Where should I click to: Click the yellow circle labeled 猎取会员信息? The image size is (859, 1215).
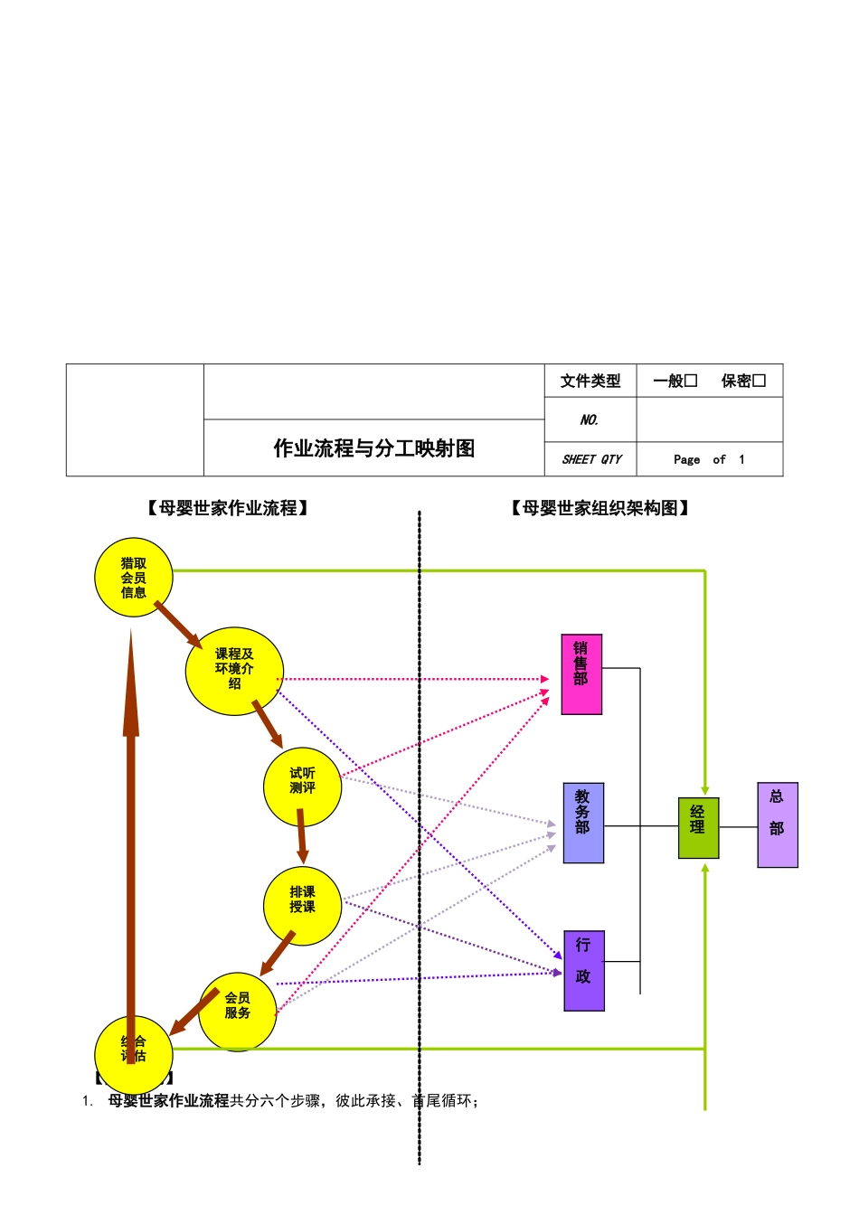point(134,578)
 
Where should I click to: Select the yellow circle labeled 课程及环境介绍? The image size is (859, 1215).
point(234,671)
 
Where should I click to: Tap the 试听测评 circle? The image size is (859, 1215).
point(303,786)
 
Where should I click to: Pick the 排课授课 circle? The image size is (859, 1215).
point(303,905)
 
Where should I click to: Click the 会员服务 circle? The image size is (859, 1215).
point(238,1010)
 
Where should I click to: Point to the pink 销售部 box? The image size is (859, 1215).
point(581,674)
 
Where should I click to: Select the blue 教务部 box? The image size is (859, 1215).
point(583,823)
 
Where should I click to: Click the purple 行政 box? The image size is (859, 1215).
point(584,970)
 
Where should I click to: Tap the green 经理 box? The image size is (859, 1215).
point(698,827)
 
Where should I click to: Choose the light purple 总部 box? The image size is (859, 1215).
point(778,824)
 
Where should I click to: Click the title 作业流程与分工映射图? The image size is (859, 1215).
point(374,448)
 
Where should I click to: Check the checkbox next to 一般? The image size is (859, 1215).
point(691,381)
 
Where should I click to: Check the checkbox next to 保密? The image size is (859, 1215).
point(760,381)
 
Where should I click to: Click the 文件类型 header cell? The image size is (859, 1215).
point(590,381)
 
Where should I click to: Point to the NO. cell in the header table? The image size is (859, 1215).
point(590,419)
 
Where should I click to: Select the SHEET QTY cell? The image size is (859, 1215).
point(591,459)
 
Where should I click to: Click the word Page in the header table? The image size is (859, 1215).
point(686,459)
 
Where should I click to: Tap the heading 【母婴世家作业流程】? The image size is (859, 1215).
point(228,508)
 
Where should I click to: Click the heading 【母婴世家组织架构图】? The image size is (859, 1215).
point(600,508)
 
